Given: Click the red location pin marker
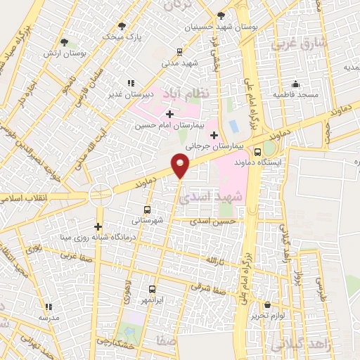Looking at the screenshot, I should click(x=181, y=165).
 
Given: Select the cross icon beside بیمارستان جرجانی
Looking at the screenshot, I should click(x=214, y=134).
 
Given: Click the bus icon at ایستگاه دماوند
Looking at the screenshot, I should click(x=257, y=152).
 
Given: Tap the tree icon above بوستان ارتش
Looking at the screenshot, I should click(x=65, y=42).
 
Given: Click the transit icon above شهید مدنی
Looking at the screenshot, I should click(x=180, y=51).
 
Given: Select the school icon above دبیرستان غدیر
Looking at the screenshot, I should click(x=131, y=83).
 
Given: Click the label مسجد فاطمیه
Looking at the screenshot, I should click(x=295, y=94).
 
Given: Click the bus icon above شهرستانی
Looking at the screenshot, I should click(x=147, y=210).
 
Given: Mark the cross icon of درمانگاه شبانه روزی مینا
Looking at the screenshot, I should click(x=98, y=226).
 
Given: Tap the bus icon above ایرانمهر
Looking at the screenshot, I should click(x=153, y=289).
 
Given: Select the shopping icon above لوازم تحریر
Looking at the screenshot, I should click(x=268, y=304).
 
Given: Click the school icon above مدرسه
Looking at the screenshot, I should click(x=49, y=307).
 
